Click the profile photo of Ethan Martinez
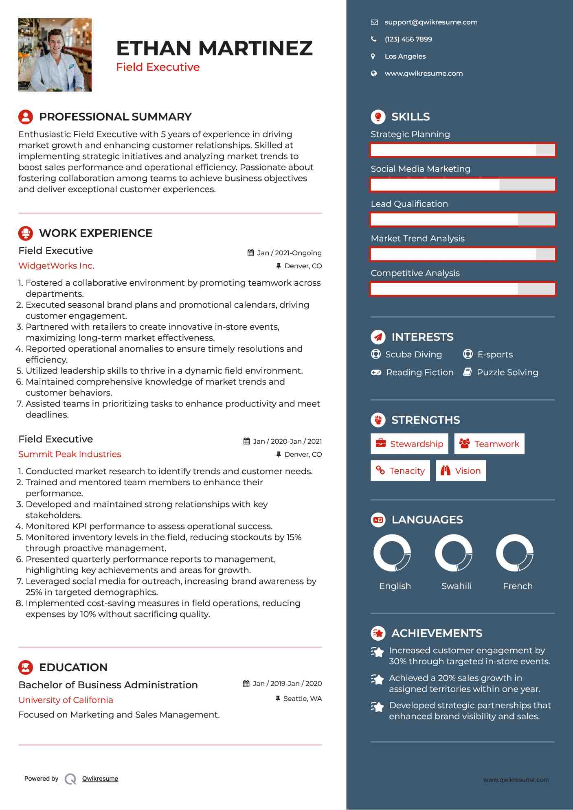[x=55, y=55]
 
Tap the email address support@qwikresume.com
[x=431, y=22]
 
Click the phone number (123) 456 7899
[x=408, y=39]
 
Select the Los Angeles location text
[x=405, y=57]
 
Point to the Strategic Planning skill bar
[x=463, y=150]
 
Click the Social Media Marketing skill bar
[x=463, y=185]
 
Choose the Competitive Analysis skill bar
[x=463, y=289]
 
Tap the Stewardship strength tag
[x=409, y=444]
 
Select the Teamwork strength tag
[x=489, y=444]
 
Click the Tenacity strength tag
[x=400, y=471]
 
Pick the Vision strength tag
[x=461, y=471]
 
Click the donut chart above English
[x=392, y=553]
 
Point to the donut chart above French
[x=515, y=553]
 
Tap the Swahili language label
[x=457, y=586]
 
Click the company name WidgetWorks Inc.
[x=56, y=266]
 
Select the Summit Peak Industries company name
[x=70, y=454]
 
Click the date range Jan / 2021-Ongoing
[x=289, y=253]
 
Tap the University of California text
[x=66, y=700]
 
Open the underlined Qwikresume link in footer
[x=100, y=779]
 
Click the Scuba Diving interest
[x=413, y=355]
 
